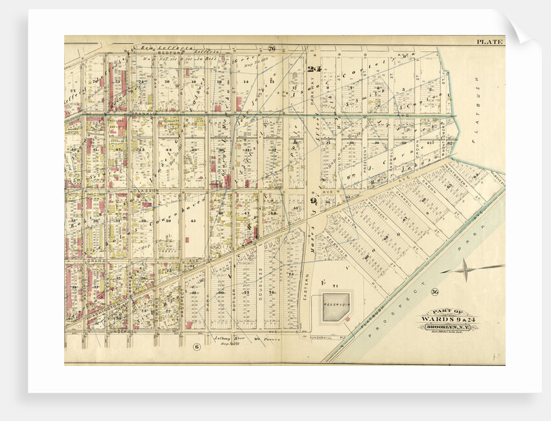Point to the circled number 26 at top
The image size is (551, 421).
[272, 49]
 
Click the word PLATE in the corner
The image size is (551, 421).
[490, 42]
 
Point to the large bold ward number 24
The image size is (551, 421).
[315, 69]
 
